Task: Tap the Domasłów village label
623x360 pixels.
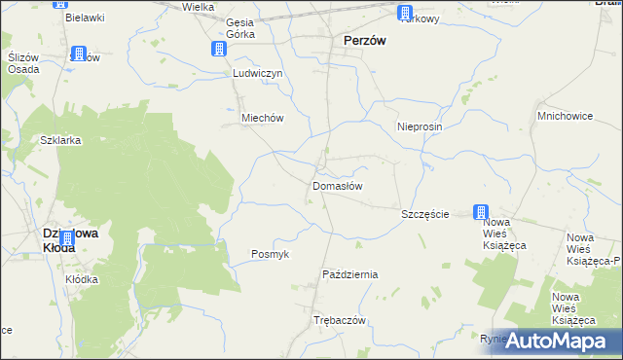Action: tap(338, 185)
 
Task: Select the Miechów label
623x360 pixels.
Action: tap(261, 118)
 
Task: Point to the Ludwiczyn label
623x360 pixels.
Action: tap(257, 73)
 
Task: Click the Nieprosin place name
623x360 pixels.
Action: tap(421, 126)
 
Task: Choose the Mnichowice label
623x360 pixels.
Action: tap(565, 116)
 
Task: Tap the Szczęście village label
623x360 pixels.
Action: tap(425, 213)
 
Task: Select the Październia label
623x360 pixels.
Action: tap(349, 274)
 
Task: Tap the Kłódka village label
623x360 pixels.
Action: tap(82, 279)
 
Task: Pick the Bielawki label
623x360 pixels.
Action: tap(84, 18)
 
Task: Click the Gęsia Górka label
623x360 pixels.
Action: tap(239, 28)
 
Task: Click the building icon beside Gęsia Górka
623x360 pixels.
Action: tap(221, 49)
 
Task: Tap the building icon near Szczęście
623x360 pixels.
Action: tap(481, 212)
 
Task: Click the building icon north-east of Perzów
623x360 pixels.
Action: tap(405, 13)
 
